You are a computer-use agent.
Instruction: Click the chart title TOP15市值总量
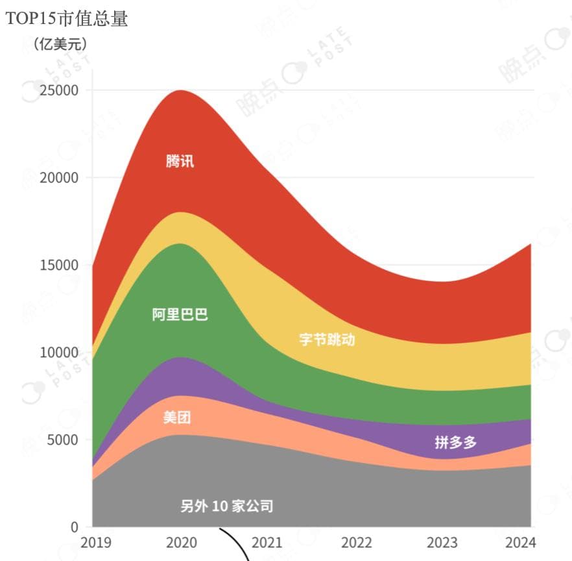67,19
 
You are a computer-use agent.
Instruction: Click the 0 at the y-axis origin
74,527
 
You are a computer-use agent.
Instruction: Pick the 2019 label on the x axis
95,543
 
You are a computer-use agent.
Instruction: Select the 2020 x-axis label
182,543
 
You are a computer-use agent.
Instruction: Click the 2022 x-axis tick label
356,543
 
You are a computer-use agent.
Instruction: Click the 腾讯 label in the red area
180,161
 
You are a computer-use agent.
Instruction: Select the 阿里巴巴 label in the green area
180,315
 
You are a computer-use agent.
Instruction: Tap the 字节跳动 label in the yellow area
327,339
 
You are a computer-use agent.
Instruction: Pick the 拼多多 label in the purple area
455,443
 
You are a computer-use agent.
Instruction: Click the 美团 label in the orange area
177,418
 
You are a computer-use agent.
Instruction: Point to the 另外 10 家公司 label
226,506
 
